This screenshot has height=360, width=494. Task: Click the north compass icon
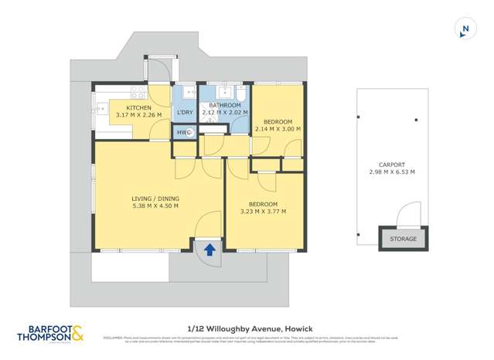coord(465,29)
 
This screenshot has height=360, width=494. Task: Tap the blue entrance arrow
coord(210,248)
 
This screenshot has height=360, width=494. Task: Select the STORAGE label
coord(403,239)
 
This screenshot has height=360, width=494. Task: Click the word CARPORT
coord(392,164)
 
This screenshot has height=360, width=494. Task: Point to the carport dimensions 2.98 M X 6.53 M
coord(392,172)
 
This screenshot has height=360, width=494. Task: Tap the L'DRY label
coord(185,114)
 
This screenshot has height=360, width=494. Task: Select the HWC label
coord(182,132)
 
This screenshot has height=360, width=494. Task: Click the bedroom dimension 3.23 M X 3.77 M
coord(263,212)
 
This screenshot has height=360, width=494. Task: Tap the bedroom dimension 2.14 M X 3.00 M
coord(277,130)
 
